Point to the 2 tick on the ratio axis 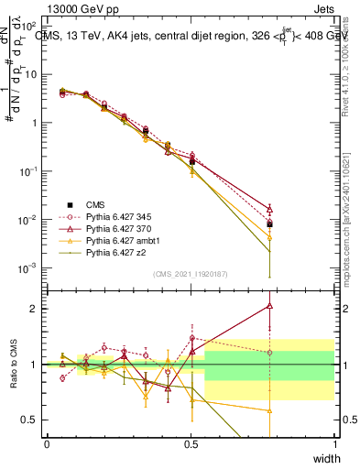(33, 309)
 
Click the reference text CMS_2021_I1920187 (190, 274)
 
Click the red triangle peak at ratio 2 (268, 306)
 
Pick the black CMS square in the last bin (268, 224)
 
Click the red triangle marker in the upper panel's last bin (268, 208)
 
